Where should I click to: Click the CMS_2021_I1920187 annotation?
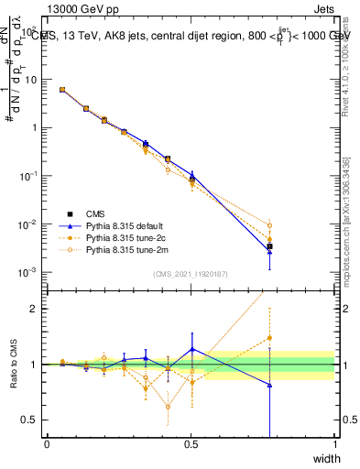coord(190,273)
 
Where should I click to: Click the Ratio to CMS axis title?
coord(13,365)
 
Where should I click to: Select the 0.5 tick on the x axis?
coord(191,444)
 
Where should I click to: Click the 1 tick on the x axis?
coord(334,444)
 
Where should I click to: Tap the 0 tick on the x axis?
coord(47,444)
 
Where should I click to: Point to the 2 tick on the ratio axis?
coord(36,309)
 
